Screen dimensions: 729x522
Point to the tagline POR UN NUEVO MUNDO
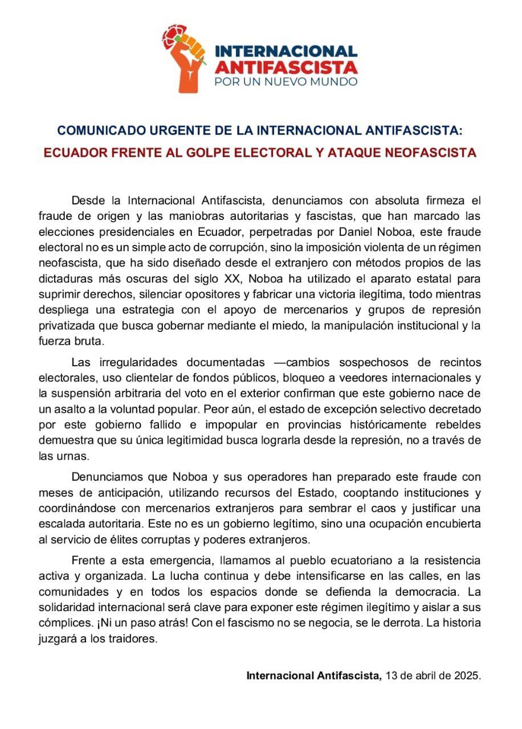pyautogui.click(x=286, y=82)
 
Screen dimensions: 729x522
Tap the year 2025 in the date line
pyautogui.click(x=468, y=676)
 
